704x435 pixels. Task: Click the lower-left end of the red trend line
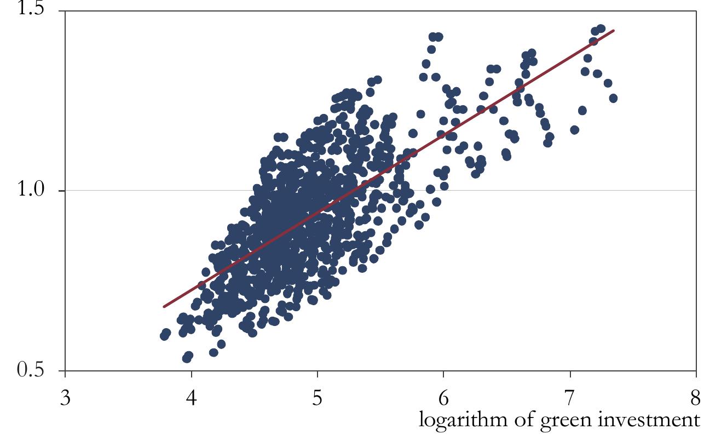pos(163,307)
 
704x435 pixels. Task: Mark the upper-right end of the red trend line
pos(615,30)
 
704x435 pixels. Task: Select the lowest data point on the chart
pos(187,358)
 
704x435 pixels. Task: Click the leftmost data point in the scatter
pos(164,335)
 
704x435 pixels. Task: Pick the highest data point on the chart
pos(601,28)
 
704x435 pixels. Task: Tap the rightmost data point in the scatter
pos(613,98)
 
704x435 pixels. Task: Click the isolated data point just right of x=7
pos(574,130)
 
